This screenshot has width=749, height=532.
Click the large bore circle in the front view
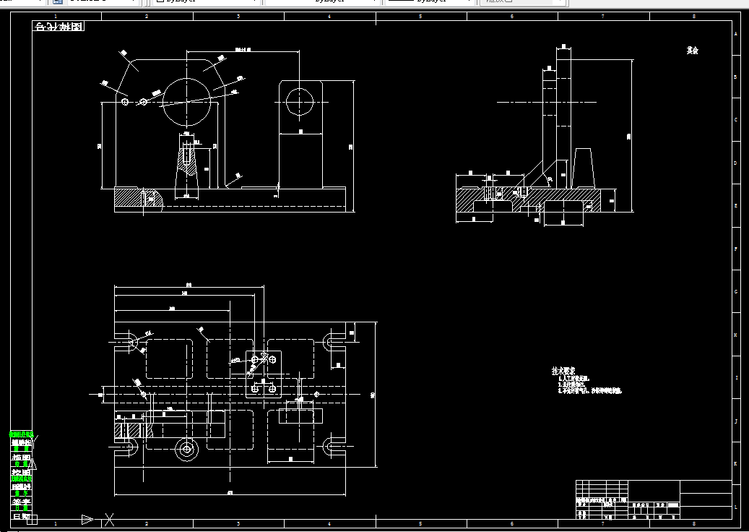tap(188, 102)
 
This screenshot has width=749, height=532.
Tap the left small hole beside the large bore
tap(126, 103)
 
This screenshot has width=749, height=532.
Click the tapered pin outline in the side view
tap(583, 166)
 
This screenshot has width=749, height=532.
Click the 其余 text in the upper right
tap(693, 51)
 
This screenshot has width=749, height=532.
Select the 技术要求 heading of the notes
tap(562, 370)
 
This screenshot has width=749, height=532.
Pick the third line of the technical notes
tap(590, 391)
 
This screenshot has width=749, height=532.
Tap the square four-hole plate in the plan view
tap(263, 374)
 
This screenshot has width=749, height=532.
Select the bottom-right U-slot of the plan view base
tap(333, 445)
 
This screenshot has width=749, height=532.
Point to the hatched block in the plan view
tap(127, 429)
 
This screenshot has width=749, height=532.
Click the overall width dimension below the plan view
tap(230, 494)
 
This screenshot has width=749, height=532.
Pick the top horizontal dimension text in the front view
tap(242, 50)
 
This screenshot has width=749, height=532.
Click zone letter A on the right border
tap(736, 34)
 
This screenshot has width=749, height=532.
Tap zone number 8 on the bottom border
tap(693, 523)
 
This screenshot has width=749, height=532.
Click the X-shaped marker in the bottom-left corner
tap(109, 518)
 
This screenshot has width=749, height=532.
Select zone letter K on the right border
tap(736, 463)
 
